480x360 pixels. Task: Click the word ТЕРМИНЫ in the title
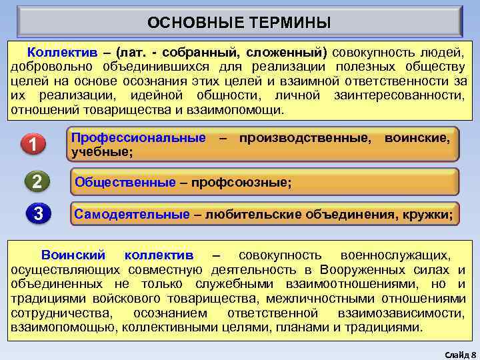pos(291,23)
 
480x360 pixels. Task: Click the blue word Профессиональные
pos(139,138)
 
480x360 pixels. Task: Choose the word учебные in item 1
pos(101,152)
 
